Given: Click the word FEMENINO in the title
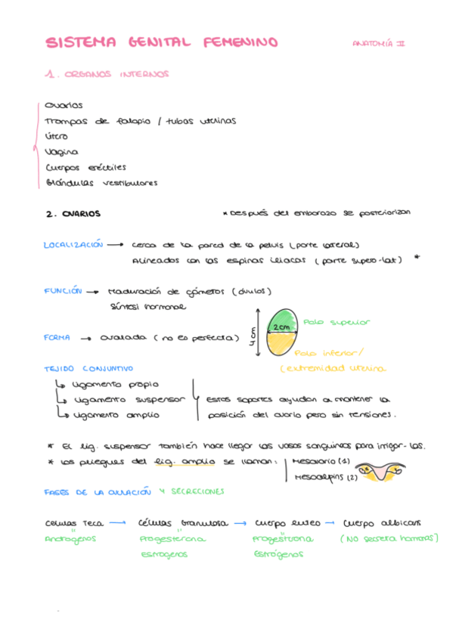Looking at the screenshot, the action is click(x=241, y=43).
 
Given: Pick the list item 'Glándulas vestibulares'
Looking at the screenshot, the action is click(x=101, y=182).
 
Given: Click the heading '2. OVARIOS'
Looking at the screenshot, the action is click(x=73, y=214).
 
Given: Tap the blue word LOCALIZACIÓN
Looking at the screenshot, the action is click(x=73, y=245).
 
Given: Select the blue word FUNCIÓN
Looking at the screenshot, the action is click(x=63, y=291).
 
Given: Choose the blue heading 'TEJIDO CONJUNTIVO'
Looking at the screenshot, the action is click(x=88, y=368).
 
